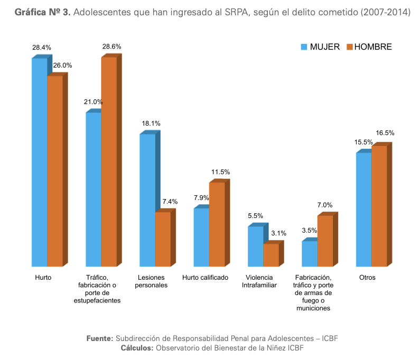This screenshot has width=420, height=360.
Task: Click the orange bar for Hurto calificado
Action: [217, 224]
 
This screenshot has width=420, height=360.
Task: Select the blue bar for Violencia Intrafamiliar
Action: [256, 246]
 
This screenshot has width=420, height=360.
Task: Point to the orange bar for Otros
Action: [379, 206]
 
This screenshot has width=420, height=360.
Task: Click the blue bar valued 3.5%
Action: [310, 253]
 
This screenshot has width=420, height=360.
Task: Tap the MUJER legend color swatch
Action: [304, 47]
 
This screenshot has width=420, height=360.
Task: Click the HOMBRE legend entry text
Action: [373, 47]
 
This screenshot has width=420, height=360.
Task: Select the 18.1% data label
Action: [151, 124]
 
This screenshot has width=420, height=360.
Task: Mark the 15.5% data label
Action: [363, 142]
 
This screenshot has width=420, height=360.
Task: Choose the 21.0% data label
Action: [93, 102]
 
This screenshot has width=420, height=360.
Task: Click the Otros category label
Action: [367, 278]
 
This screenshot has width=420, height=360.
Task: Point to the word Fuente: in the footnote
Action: [100, 338]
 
